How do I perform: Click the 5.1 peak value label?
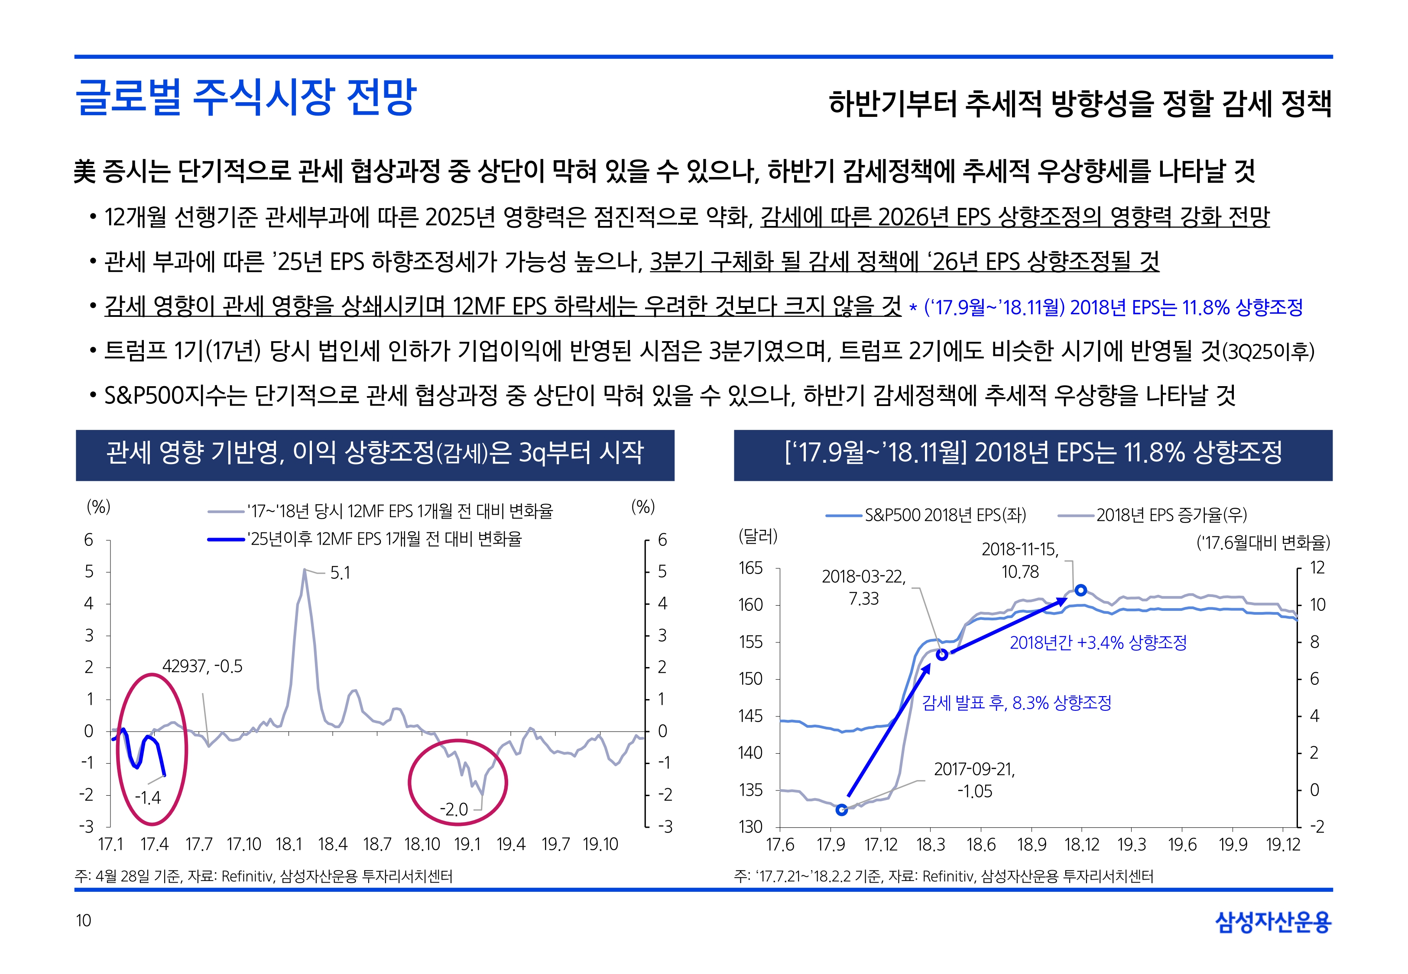pyautogui.click(x=340, y=573)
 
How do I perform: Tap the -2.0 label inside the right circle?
pyautogui.click(x=454, y=810)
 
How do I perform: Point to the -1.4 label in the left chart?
pyautogui.click(x=148, y=798)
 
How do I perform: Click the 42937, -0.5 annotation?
pyautogui.click(x=202, y=666)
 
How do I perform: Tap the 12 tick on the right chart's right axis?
pyautogui.click(x=1317, y=568)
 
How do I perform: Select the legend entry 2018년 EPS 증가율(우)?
pyautogui.click(x=1171, y=515)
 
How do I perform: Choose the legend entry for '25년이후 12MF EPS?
pyautogui.click(x=385, y=539)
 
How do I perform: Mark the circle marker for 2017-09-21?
pyautogui.click(x=841, y=810)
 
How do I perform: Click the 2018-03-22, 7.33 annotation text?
pyautogui.click(x=863, y=587)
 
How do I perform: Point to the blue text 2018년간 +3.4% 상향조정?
pyautogui.click(x=1098, y=642)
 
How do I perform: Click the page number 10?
pyautogui.click(x=83, y=920)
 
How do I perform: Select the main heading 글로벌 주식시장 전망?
pyautogui.click(x=246, y=98)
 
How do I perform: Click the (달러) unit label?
pyautogui.click(x=758, y=536)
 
